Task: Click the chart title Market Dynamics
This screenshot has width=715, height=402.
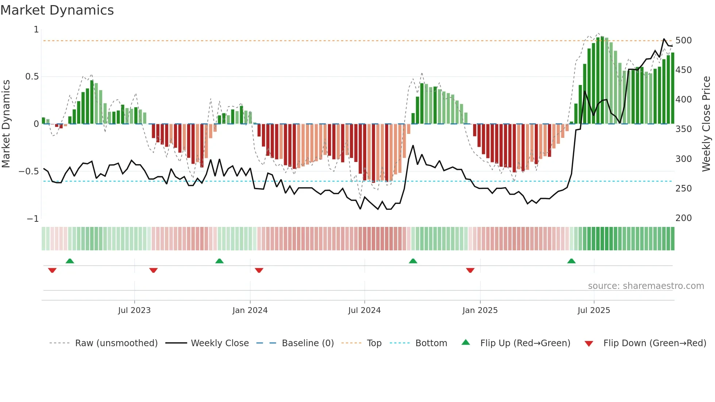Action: pyautogui.click(x=57, y=10)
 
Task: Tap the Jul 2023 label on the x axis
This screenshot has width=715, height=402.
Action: pyautogui.click(x=134, y=310)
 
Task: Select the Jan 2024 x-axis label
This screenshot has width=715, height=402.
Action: pyautogui.click(x=250, y=310)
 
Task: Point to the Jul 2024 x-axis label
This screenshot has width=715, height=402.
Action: pyautogui.click(x=364, y=310)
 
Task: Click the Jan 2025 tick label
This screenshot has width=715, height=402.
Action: pyautogui.click(x=480, y=310)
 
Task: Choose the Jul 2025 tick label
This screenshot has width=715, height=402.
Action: pyautogui.click(x=594, y=310)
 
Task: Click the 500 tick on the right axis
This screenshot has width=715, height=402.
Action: pyautogui.click(x=683, y=40)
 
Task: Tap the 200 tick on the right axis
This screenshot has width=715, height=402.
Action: pyautogui.click(x=683, y=218)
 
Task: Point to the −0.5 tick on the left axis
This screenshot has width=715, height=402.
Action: pyautogui.click(x=29, y=171)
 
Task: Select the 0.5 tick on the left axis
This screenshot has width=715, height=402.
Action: pyautogui.click(x=32, y=77)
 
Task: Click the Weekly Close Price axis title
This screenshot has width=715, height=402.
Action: pyautogui.click(x=706, y=124)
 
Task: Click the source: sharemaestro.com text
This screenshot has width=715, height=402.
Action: pyautogui.click(x=646, y=286)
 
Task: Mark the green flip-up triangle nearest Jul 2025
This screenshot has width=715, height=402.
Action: pyautogui.click(x=571, y=261)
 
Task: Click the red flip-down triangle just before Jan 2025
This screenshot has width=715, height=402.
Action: pyautogui.click(x=470, y=270)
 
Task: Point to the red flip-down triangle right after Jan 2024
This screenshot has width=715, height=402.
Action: pyautogui.click(x=259, y=270)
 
